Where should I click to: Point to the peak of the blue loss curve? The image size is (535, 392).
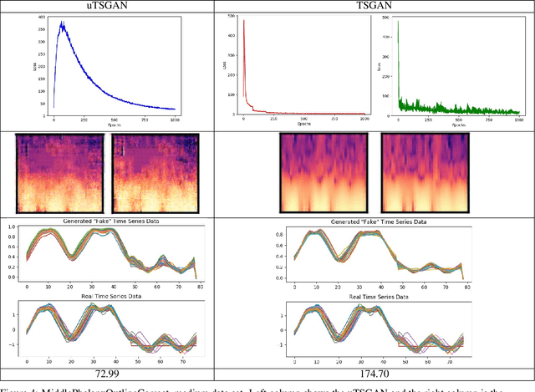click(x=60, y=23)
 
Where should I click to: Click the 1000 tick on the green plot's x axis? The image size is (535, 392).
click(x=517, y=120)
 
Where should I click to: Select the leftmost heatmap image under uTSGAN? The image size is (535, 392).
click(x=61, y=173)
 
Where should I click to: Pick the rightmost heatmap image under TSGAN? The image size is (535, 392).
click(x=420, y=173)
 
